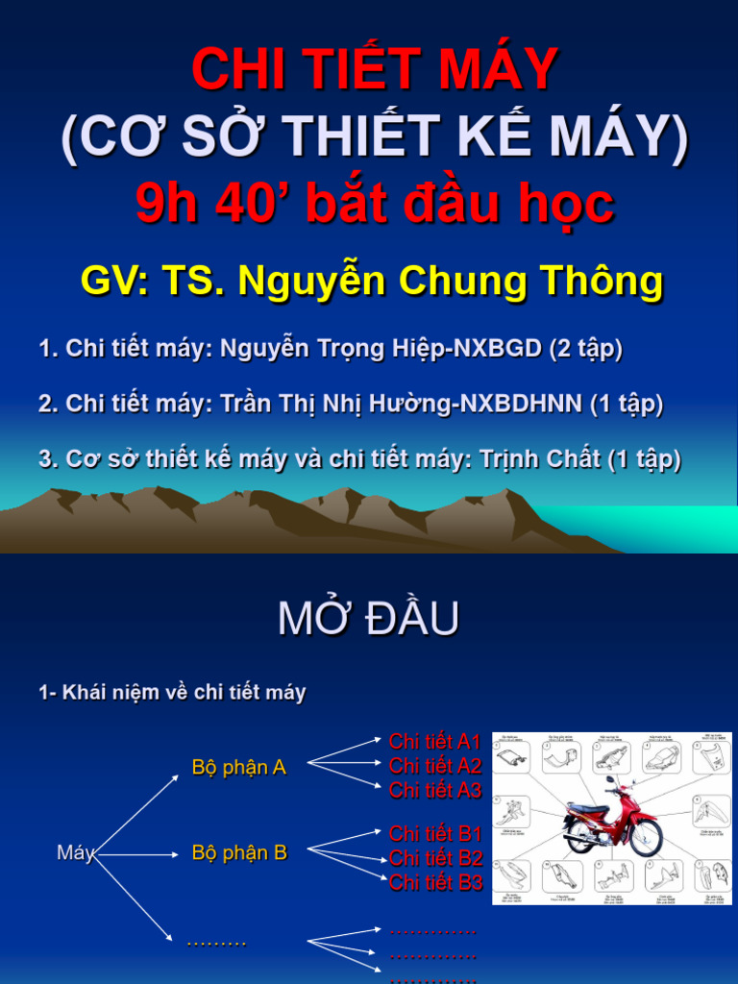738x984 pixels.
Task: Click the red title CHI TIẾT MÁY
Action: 375,69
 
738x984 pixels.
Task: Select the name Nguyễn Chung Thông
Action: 451,281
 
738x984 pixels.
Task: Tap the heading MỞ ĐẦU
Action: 368,620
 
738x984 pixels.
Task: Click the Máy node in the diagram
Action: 75,852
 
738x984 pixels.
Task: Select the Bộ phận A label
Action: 239,768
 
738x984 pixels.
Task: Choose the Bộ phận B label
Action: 239,852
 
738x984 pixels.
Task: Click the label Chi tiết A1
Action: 434,742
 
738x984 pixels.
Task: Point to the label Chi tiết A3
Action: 434,791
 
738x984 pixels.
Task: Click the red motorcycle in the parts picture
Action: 612,819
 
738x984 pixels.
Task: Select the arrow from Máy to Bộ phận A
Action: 136,813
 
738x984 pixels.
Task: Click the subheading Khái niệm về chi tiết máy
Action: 183,693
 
